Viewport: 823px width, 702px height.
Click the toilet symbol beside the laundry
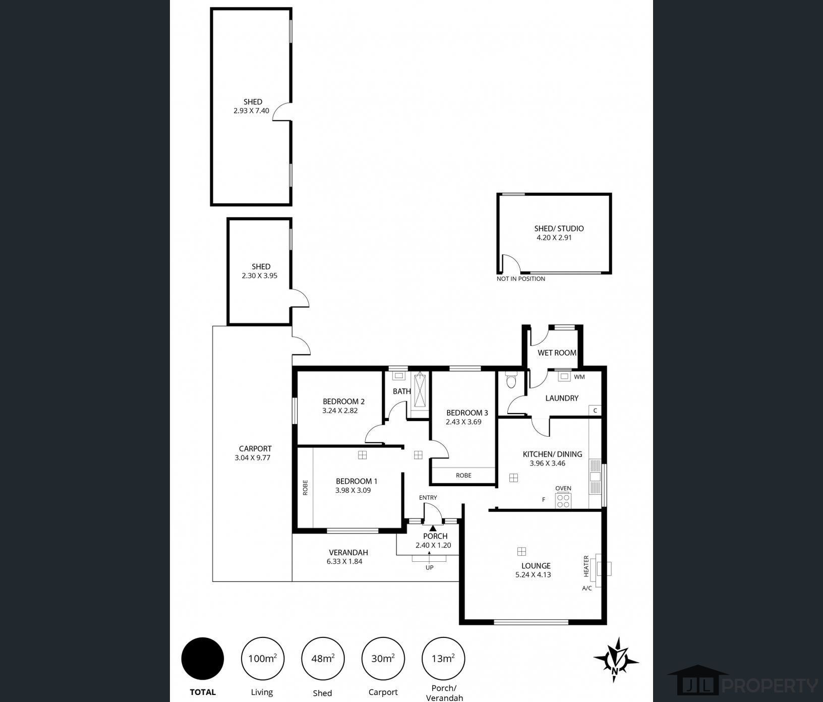point(511,380)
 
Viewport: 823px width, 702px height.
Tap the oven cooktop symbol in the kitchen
point(563,500)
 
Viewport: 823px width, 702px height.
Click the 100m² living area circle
point(263,658)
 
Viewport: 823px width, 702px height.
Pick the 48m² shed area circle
point(323,658)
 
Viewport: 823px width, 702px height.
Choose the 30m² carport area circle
point(383,658)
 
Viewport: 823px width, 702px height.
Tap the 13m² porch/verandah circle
point(443,658)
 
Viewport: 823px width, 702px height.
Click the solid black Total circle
point(203,658)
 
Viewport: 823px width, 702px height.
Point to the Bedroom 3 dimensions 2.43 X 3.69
point(463,422)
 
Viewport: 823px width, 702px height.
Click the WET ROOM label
point(557,353)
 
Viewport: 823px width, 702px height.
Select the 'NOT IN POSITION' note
point(521,279)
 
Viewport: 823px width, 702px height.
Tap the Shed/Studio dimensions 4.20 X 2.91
point(554,238)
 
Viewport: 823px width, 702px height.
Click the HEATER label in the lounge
point(586,566)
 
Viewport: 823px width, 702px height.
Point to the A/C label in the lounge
point(587,588)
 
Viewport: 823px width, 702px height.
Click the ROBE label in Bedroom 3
point(463,475)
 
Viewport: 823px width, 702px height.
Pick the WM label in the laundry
point(579,377)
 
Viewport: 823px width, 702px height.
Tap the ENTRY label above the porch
point(428,498)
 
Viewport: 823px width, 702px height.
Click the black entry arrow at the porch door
point(433,528)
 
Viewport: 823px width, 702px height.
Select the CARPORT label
point(255,448)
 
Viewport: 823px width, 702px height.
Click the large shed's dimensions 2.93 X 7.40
point(251,111)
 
